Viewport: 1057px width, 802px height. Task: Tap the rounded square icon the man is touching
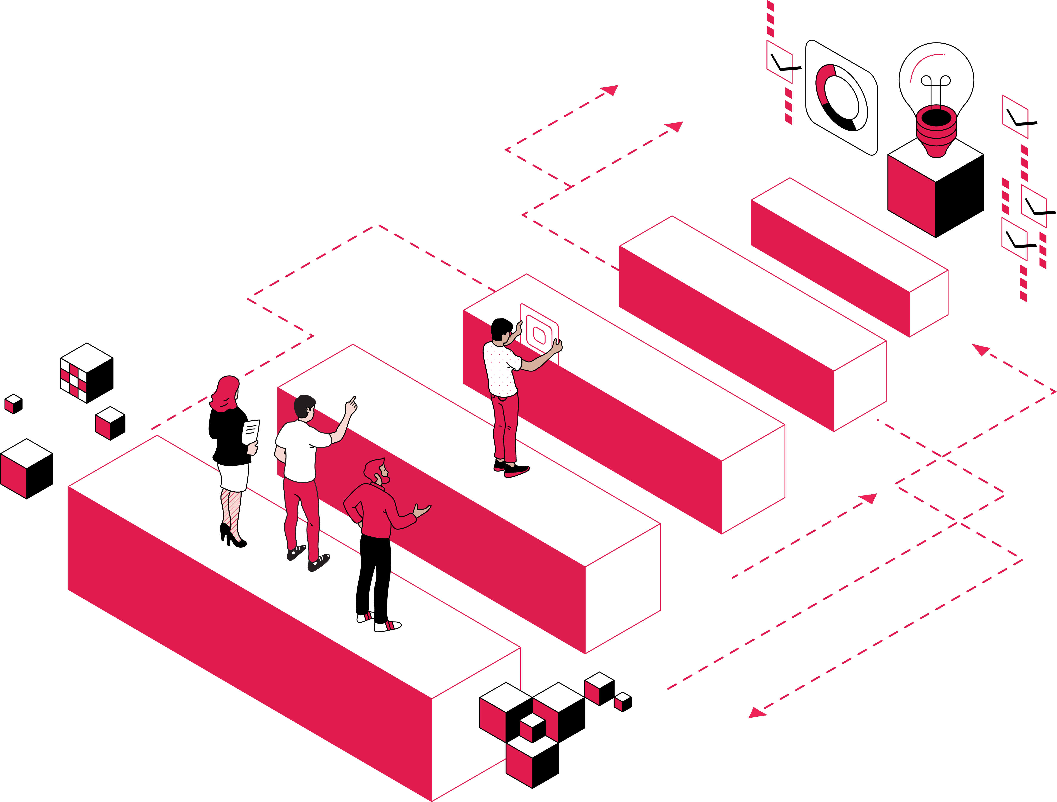[x=539, y=334]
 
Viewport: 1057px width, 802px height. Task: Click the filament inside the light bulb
[x=936, y=86]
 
